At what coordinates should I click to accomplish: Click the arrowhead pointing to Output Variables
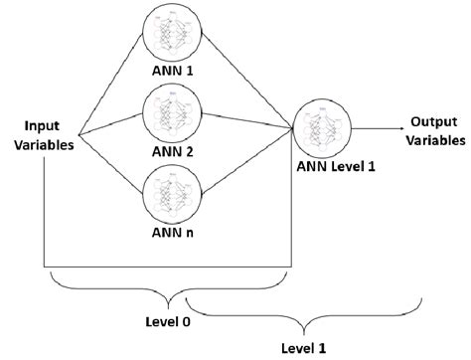pos(393,126)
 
